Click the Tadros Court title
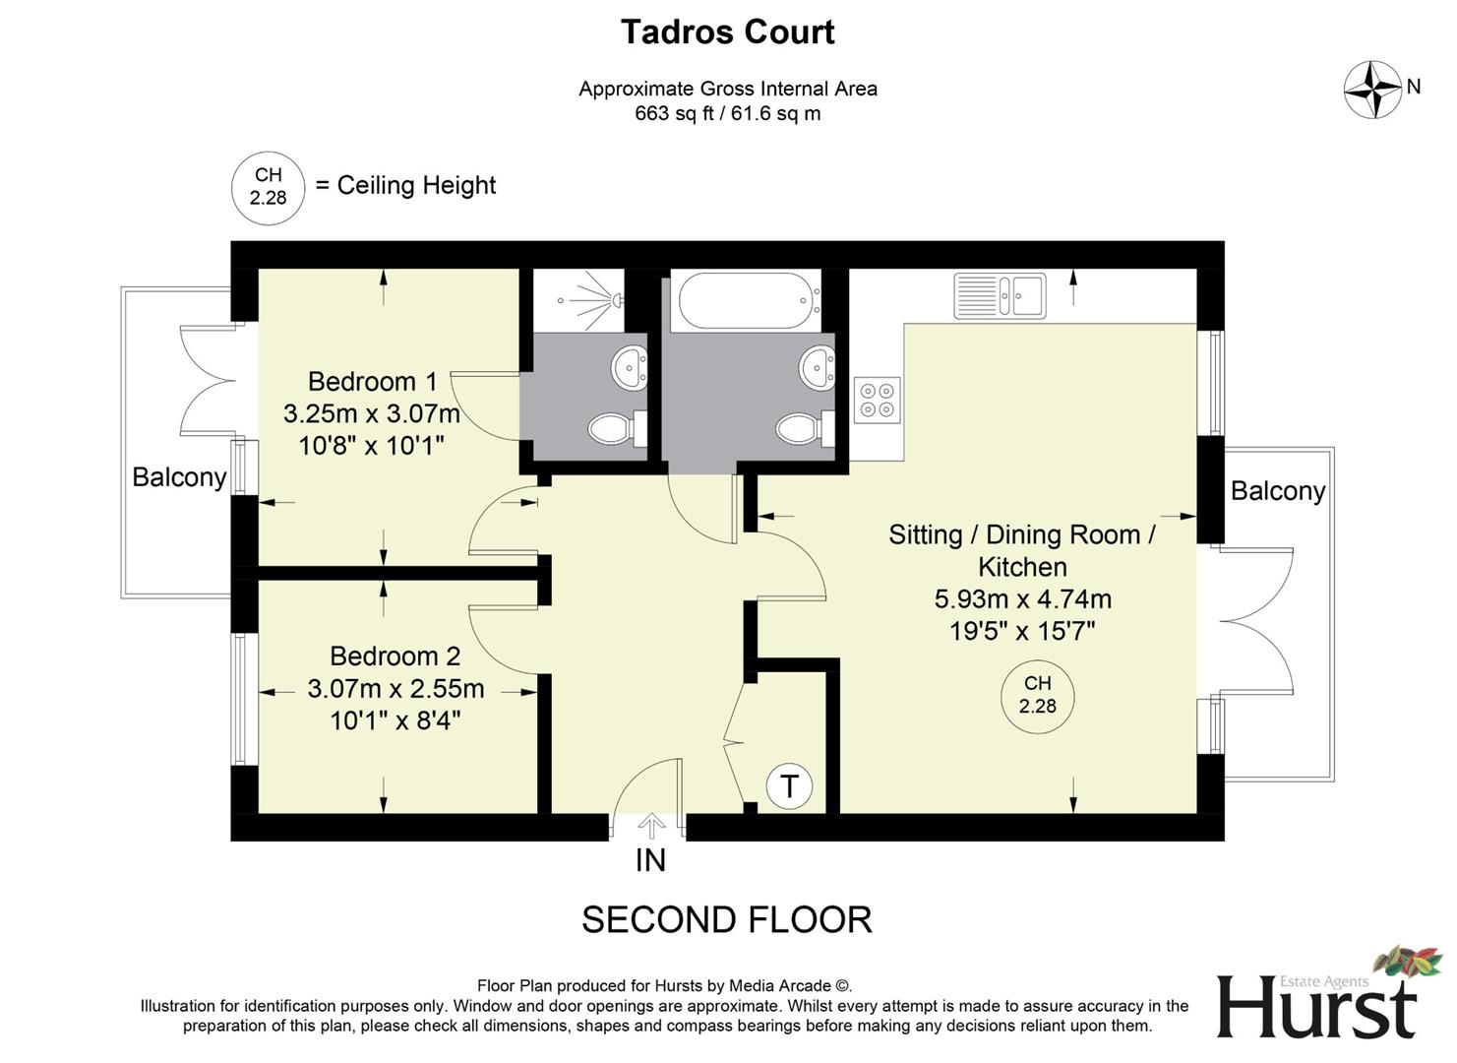pyautogui.click(x=727, y=32)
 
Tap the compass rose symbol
pyautogui.click(x=1372, y=90)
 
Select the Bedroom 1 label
pyautogui.click(x=372, y=381)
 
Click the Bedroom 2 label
pyautogui.click(x=395, y=656)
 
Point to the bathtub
pyautogui.click(x=745, y=300)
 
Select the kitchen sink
pyautogui.click(x=1000, y=295)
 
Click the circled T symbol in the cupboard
pyautogui.click(x=788, y=786)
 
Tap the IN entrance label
pyautogui.click(x=650, y=860)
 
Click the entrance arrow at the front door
pyautogui.click(x=650, y=826)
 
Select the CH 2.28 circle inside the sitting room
pyautogui.click(x=1037, y=695)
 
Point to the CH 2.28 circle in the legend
pyautogui.click(x=268, y=187)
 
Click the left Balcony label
pyautogui.click(x=179, y=477)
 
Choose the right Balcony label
pyautogui.click(x=1277, y=491)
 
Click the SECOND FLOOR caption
pyautogui.click(x=726, y=920)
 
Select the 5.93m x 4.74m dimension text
pyautogui.click(x=1022, y=598)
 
